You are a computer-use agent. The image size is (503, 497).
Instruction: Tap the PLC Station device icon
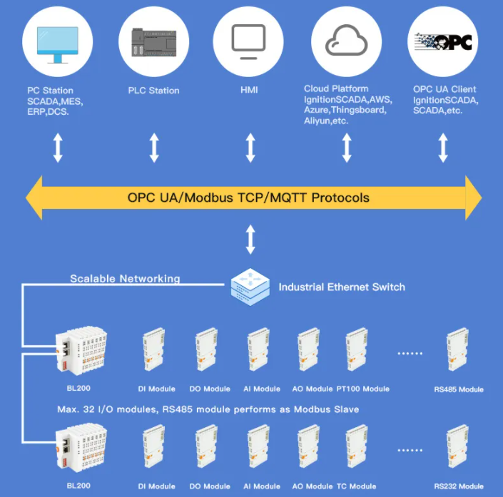click(x=154, y=43)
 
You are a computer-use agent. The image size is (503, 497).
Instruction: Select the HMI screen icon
click(x=249, y=41)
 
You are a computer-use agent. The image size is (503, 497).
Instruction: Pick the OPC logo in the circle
click(x=443, y=41)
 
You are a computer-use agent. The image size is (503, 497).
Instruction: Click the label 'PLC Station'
click(x=153, y=91)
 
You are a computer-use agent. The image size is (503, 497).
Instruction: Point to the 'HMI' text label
click(x=249, y=91)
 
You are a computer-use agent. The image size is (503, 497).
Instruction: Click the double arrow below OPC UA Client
click(x=443, y=148)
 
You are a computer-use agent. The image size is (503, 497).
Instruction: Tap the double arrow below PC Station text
click(x=58, y=148)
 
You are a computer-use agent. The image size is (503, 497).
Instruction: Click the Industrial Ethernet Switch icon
click(x=250, y=287)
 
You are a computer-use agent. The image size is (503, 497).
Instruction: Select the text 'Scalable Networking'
click(x=125, y=279)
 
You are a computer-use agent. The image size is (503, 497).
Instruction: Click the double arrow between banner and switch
click(x=250, y=240)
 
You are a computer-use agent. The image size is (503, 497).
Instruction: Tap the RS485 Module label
click(x=459, y=389)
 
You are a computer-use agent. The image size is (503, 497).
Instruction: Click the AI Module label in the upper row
click(x=262, y=389)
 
